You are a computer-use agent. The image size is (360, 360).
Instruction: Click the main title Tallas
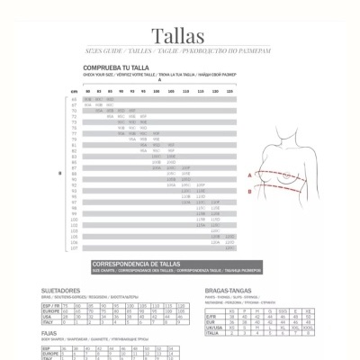point(180,36)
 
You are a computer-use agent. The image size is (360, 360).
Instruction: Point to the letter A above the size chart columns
point(159,80)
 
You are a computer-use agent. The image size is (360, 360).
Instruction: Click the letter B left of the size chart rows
point(58,173)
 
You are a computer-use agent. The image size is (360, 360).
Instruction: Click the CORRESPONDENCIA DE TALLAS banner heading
point(136,263)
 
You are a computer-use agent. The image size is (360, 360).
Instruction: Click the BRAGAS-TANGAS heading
point(229,292)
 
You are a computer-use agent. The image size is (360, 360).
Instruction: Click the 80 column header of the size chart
point(87,91)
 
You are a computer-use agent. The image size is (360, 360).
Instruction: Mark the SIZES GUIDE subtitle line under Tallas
point(180,53)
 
